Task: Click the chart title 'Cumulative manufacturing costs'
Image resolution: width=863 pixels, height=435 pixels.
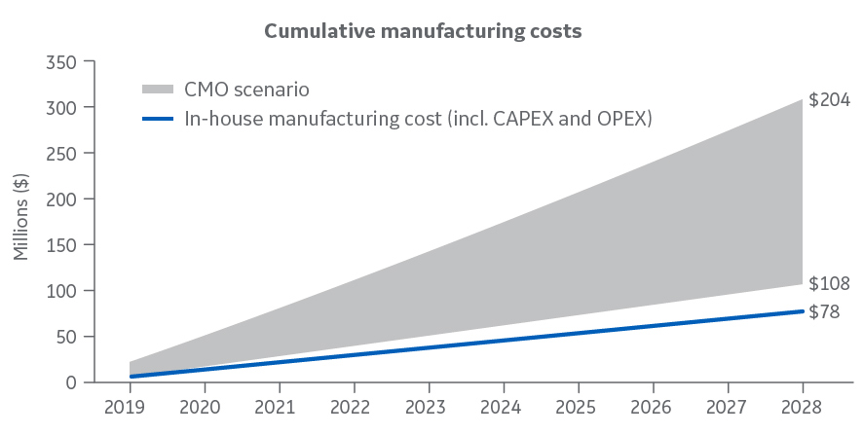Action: pyautogui.click(x=423, y=31)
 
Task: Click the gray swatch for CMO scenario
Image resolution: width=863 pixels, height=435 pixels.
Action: pyautogui.click(x=158, y=90)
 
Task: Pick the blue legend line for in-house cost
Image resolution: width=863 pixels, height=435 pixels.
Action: pyautogui.click(x=158, y=119)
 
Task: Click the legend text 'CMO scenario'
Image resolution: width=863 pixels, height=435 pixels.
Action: pyautogui.click(x=246, y=90)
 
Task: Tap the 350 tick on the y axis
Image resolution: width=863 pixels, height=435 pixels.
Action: pyautogui.click(x=62, y=61)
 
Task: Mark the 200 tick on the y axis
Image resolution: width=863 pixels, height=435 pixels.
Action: pyautogui.click(x=62, y=199)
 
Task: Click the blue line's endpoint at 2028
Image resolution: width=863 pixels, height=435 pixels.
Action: pyautogui.click(x=802, y=310)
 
